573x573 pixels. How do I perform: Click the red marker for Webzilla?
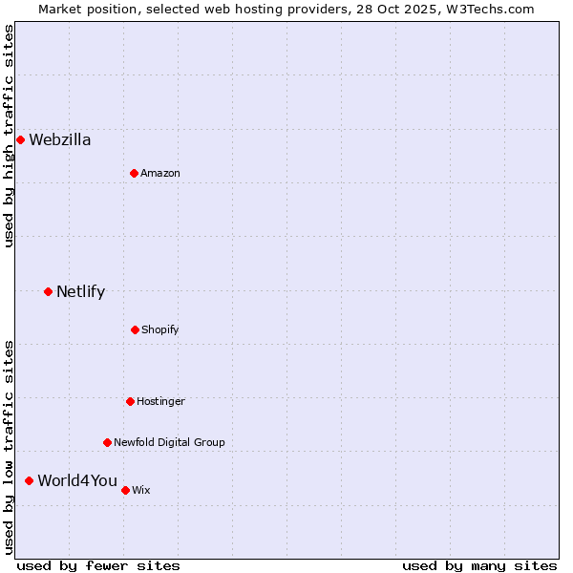point(20,140)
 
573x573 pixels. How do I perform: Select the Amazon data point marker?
point(134,173)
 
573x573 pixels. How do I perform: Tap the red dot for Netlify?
point(48,291)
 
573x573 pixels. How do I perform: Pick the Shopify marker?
point(135,329)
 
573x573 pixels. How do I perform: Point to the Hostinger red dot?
point(130,401)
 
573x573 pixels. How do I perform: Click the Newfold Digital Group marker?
point(107,442)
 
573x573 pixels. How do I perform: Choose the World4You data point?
point(29,480)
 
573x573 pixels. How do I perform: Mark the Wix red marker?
point(125,490)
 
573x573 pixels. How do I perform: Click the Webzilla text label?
point(60,140)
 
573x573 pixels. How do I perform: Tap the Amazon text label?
point(160,173)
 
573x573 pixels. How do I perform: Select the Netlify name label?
point(80,292)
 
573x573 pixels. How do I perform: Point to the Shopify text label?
point(160,329)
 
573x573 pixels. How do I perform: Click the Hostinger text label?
point(160,401)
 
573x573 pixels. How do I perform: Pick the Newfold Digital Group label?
point(169,442)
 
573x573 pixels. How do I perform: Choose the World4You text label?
point(77,480)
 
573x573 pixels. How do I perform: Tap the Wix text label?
point(141,490)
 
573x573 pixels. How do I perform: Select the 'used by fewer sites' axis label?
point(98,565)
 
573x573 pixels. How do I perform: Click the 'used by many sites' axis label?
point(479,565)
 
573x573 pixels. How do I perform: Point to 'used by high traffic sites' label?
point(9,136)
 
